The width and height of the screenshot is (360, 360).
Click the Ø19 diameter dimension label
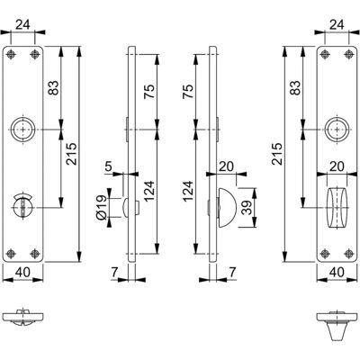click(101, 207)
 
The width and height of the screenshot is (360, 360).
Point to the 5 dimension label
click(108, 166)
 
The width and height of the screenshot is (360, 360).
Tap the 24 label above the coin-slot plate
click(22, 25)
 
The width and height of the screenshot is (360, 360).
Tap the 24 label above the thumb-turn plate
click(337, 25)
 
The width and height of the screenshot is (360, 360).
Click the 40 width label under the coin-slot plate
click(22, 273)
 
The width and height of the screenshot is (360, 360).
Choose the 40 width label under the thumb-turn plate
click(337, 273)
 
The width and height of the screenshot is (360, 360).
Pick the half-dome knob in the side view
click(228, 207)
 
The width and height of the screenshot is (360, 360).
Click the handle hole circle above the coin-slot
click(23, 130)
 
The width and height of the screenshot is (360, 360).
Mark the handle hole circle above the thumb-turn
click(337, 130)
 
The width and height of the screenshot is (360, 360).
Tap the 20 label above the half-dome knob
click(226, 166)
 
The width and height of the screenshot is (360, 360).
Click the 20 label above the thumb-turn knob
click(337, 166)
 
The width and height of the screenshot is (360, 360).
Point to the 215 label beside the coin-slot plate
click(72, 154)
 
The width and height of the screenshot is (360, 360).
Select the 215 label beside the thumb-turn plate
click(277, 154)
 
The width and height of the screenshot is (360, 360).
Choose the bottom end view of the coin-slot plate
click(22, 318)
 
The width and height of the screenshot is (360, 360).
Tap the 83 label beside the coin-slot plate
click(54, 88)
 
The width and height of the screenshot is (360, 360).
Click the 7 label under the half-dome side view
click(233, 273)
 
